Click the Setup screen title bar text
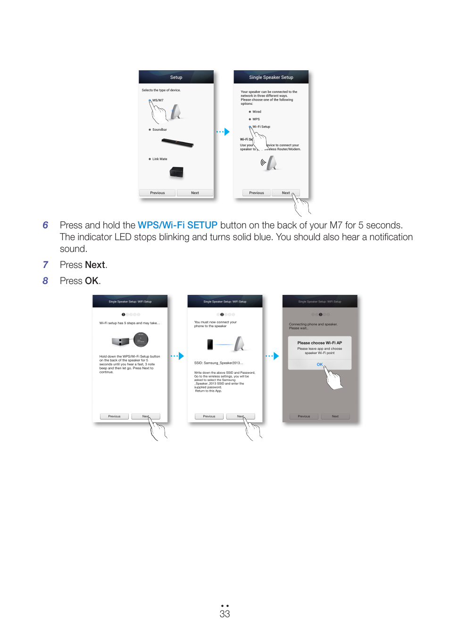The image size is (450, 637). (176, 77)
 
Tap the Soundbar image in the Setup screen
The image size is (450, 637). (177, 142)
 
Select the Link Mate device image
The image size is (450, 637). (176, 172)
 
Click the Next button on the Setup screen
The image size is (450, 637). (195, 193)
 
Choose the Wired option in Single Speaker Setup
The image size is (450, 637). (257, 112)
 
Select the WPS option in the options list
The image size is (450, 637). (256, 119)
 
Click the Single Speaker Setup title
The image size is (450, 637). (271, 77)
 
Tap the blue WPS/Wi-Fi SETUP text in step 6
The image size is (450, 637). (177, 226)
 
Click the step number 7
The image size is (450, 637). (45, 265)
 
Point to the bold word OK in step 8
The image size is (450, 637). (92, 281)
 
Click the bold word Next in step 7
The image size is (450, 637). (95, 265)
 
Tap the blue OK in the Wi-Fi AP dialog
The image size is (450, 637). (319, 364)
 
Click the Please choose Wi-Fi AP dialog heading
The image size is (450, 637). (319, 343)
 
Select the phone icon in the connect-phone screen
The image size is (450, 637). (210, 344)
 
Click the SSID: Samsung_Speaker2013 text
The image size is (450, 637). (218, 363)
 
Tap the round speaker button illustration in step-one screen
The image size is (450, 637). (141, 340)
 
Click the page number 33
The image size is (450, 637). (225, 614)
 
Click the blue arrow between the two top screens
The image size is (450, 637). (226, 132)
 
